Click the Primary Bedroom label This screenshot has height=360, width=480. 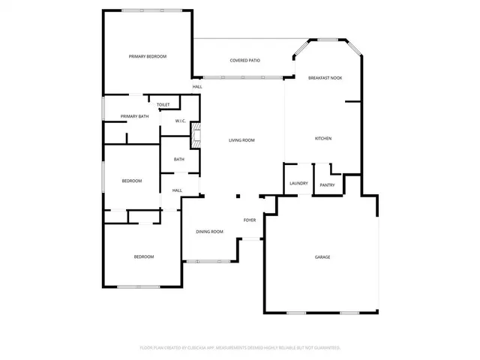[x=147, y=57]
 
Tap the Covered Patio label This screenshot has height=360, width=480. [x=244, y=60]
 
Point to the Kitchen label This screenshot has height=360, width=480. [x=323, y=139]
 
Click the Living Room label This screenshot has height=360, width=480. [x=241, y=140]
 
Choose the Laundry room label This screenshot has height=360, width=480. [x=298, y=184]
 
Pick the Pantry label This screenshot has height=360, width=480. [x=327, y=185]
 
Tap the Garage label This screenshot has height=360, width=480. [x=322, y=257]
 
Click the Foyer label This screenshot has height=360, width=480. [x=250, y=220]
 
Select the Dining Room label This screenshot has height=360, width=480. [x=210, y=232]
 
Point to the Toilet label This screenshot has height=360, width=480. [x=163, y=105]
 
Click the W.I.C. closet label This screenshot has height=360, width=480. [x=181, y=121]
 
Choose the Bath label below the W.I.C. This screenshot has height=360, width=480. [x=179, y=159]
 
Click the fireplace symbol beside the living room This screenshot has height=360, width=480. [x=196, y=136]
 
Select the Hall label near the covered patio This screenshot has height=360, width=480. [x=197, y=87]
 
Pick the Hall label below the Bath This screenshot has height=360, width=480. [x=178, y=190]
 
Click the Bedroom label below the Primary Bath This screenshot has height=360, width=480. [x=132, y=181]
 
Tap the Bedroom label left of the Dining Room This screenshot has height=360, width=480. [x=144, y=257]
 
